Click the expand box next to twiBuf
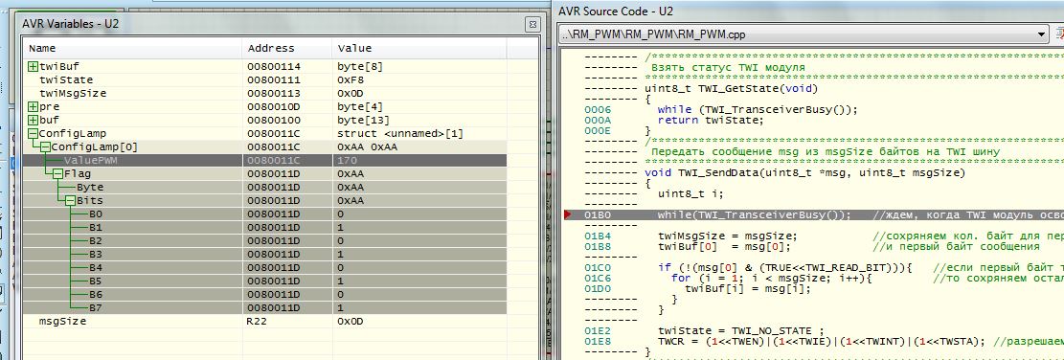[34, 66]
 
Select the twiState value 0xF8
[351, 80]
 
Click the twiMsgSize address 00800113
[274, 93]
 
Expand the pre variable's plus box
[34, 106]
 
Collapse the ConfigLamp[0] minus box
[45, 147]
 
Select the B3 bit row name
[96, 255]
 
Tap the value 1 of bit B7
[341, 307]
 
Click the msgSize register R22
[258, 322]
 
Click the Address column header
[271, 48]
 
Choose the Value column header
[354, 48]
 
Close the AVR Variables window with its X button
[532, 24]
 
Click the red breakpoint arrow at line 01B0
[568, 214]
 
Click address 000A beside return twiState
[598, 120]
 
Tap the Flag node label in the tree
[78, 173]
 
